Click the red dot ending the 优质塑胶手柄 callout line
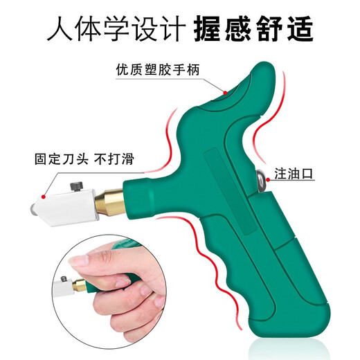point(226,91)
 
